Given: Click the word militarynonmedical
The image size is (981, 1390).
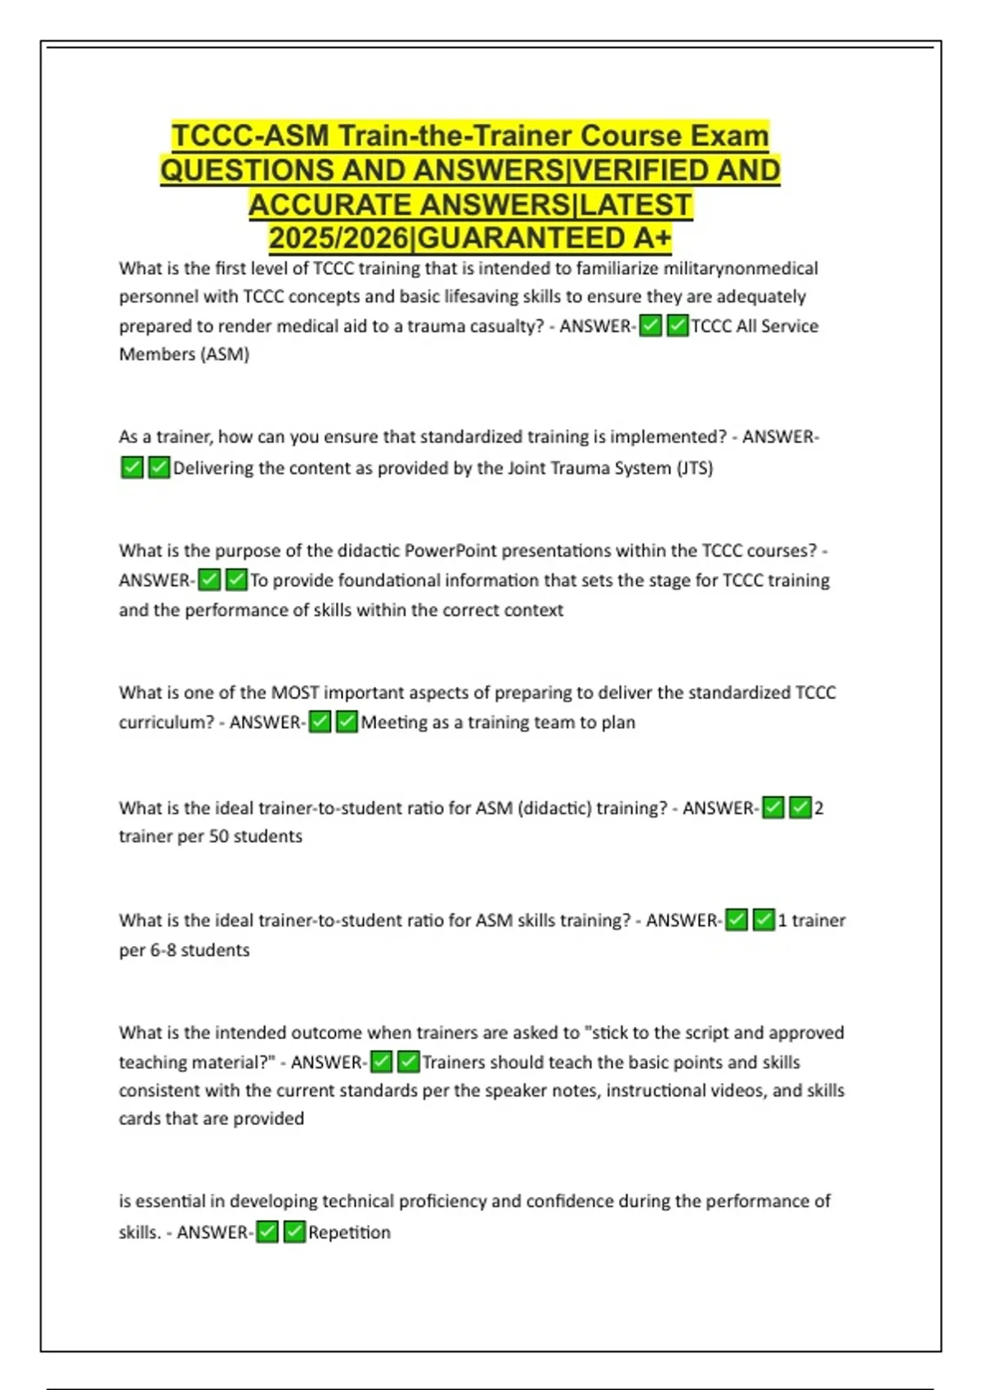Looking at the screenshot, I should (x=740, y=268).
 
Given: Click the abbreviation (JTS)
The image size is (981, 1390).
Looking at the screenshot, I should (x=694, y=468).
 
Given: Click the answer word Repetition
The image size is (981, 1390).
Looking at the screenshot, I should (x=349, y=1232).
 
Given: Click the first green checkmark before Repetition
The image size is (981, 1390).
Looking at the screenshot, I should (x=267, y=1231).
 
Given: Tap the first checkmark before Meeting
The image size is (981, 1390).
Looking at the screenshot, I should (x=320, y=722).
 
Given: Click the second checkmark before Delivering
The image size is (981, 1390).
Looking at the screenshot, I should (x=159, y=468).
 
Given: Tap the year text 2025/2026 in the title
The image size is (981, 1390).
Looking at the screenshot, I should (x=338, y=238).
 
